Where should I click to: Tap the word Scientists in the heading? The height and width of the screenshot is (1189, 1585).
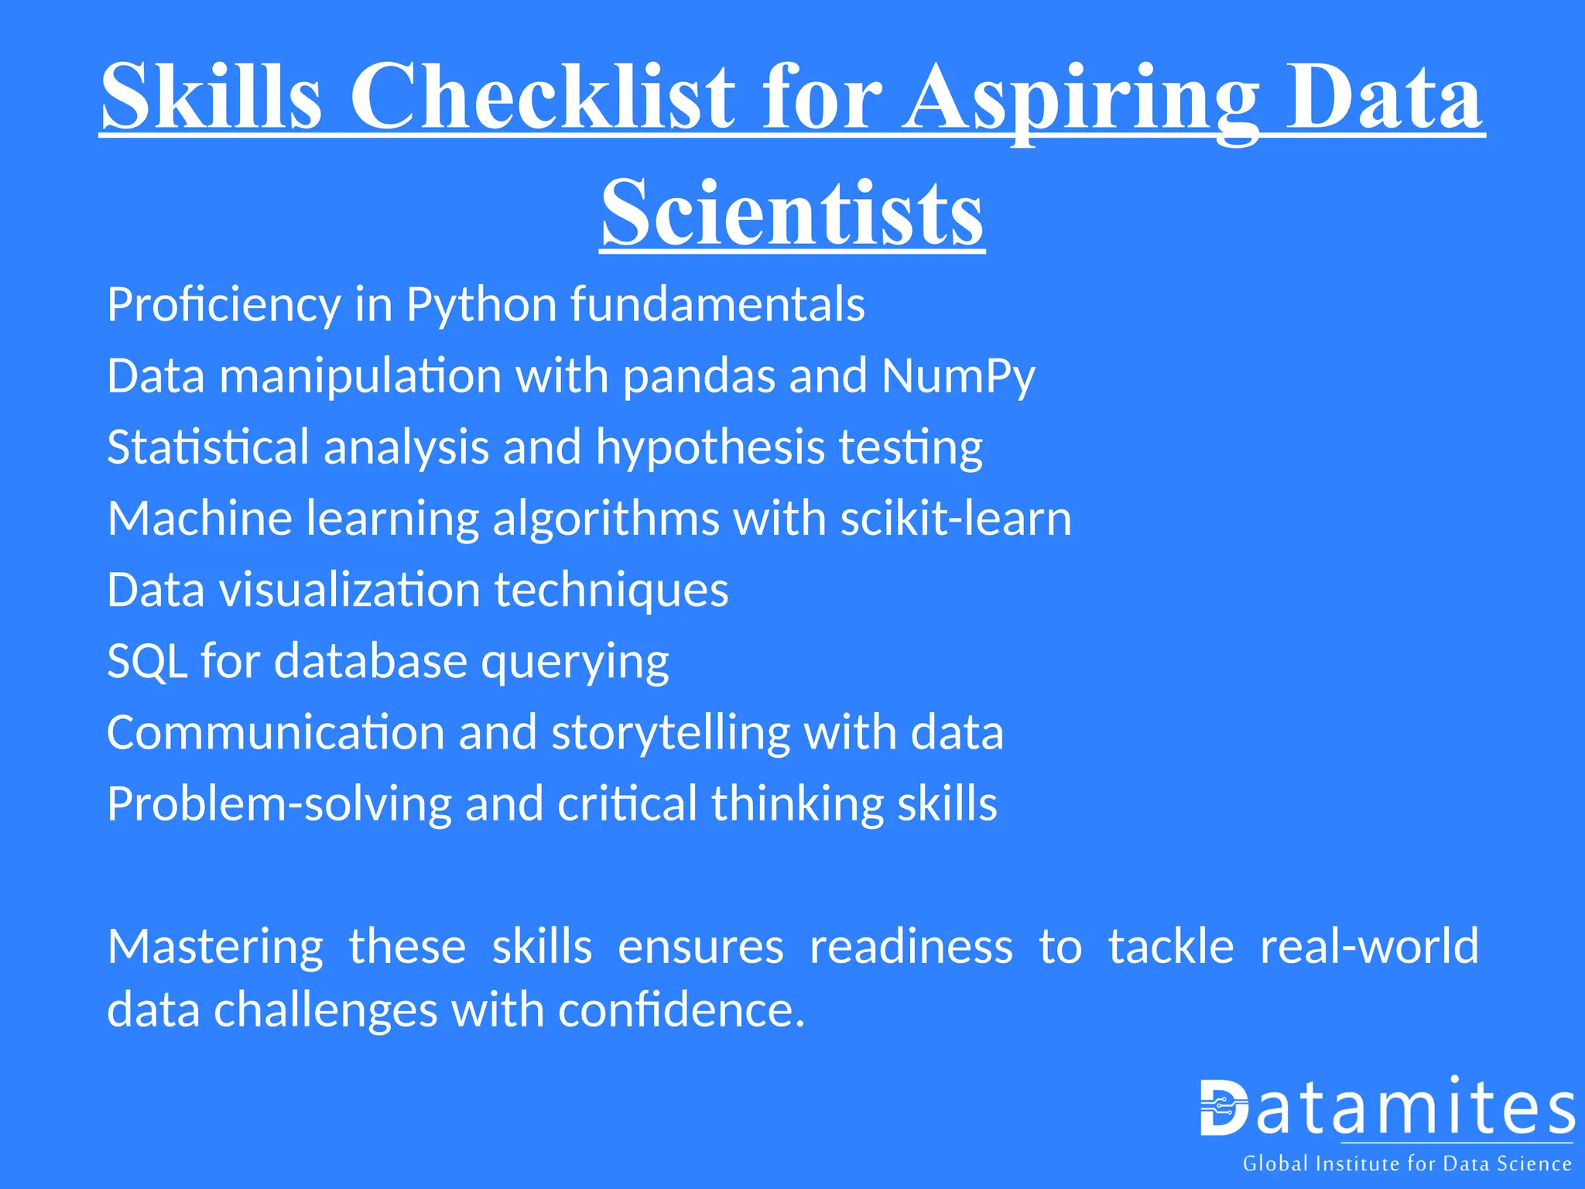[792, 212]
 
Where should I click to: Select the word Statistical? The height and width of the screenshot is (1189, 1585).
[208, 447]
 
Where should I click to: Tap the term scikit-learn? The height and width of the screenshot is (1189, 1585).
[956, 519]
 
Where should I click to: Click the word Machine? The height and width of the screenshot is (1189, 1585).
[200, 519]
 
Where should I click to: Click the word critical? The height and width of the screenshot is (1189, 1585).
[627, 804]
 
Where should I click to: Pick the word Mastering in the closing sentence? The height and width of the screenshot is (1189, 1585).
[215, 947]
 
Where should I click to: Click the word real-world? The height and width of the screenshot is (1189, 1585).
[1369, 946]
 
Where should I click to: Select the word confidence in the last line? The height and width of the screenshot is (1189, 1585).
[681, 1011]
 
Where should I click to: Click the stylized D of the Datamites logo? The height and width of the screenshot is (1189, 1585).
[1224, 1108]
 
